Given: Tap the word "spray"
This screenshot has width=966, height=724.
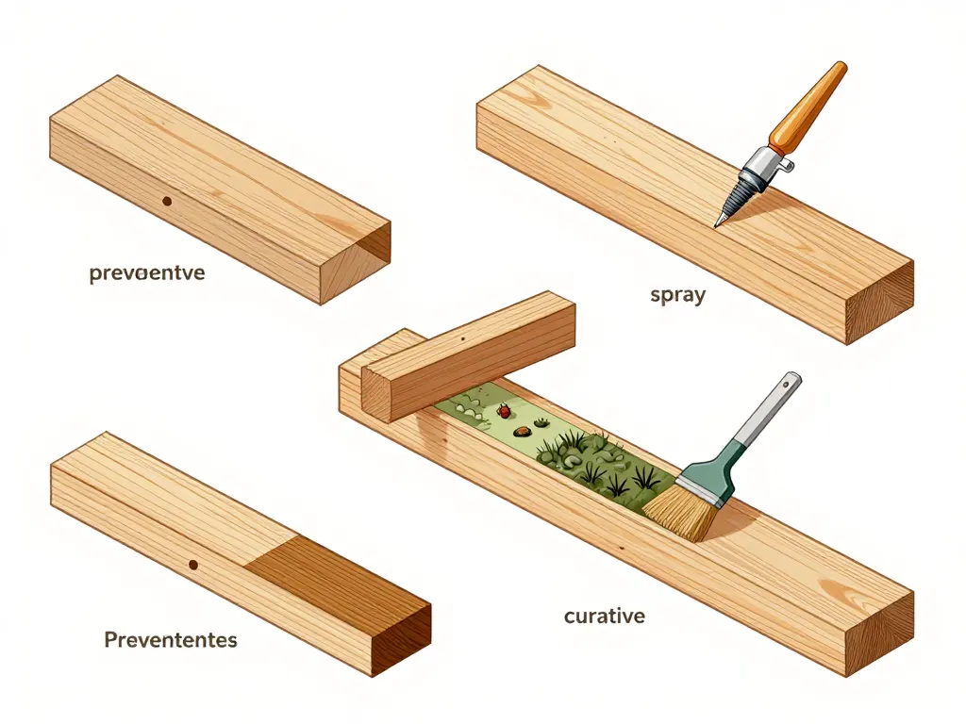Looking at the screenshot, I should [678, 294].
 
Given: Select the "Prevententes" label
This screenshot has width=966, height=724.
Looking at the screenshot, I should [170, 640].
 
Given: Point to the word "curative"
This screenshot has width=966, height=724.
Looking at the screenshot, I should [605, 617].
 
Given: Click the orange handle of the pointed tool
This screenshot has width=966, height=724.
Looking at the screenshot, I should [807, 107].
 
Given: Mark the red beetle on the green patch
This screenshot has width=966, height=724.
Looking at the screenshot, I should [505, 411].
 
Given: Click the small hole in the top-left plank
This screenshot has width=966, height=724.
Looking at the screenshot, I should [167, 201].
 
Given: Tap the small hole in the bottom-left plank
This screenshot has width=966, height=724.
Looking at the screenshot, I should [193, 565].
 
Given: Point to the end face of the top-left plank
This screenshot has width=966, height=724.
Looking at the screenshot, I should [356, 263].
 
